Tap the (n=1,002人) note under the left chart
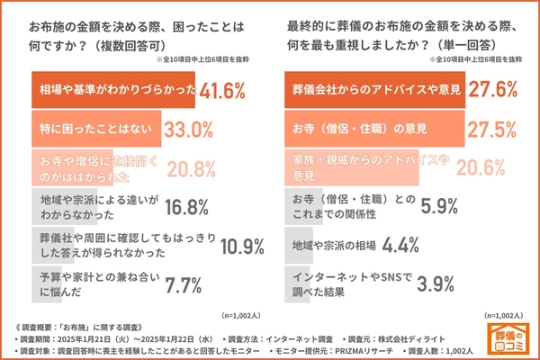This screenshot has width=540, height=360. tap(235, 315)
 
